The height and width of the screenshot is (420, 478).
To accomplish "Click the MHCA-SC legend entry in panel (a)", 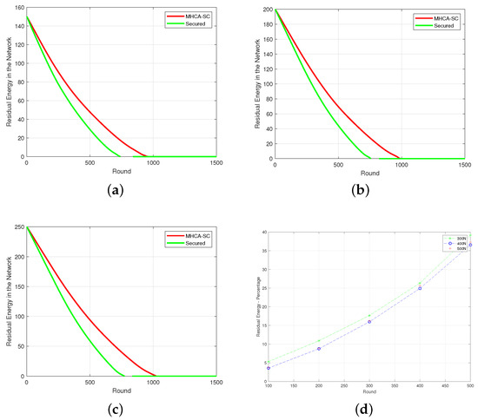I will [x=193, y=16].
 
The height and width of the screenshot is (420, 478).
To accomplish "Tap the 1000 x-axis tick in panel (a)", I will [x=153, y=163].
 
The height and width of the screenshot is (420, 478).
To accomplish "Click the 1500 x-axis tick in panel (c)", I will [x=216, y=383].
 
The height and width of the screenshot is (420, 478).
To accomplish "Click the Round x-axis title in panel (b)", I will [x=369, y=173].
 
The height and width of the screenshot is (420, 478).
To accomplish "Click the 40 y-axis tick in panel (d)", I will [x=264, y=232].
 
